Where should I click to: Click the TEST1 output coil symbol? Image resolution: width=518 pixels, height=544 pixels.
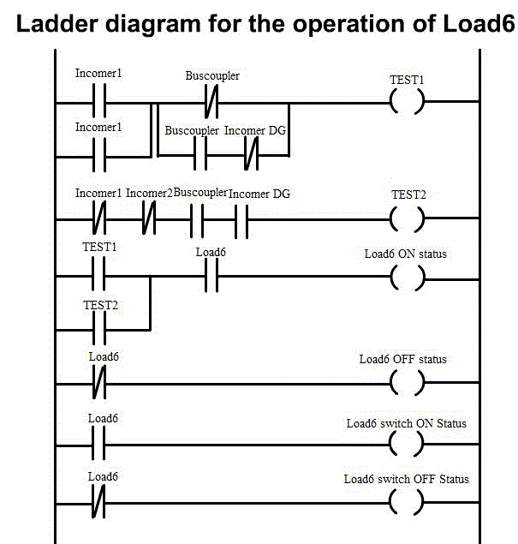407,104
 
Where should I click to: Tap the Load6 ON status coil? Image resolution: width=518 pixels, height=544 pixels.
407,277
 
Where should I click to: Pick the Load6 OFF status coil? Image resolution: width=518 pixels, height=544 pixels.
407,383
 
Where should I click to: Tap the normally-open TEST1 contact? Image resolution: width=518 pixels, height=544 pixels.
98,277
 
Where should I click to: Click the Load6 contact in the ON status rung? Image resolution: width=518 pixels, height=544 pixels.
210,277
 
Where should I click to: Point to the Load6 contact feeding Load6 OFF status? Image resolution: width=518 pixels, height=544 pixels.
98,383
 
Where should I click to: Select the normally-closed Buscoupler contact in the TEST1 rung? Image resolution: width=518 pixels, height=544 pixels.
210,104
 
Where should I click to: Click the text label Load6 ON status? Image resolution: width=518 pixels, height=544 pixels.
406,254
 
